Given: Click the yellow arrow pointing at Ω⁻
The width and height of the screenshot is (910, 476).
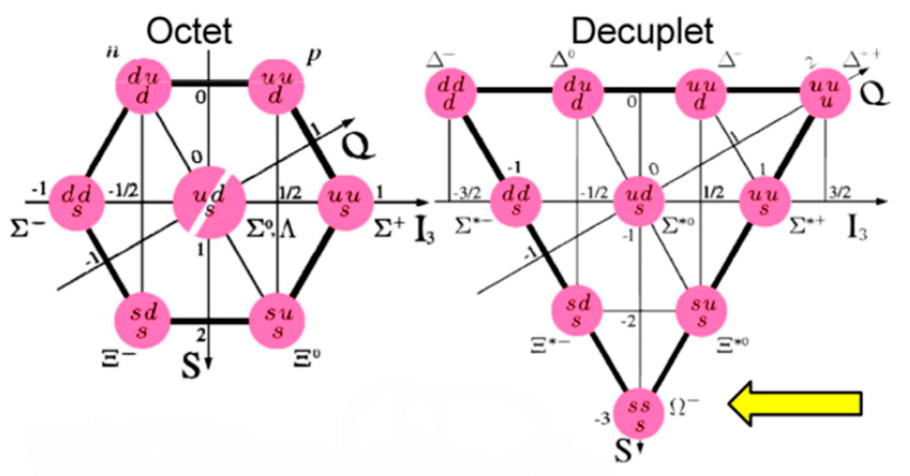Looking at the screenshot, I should tap(795, 404).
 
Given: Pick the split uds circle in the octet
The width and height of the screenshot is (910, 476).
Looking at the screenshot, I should tap(210, 202).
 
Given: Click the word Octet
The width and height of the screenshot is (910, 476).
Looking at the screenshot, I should tap(190, 31).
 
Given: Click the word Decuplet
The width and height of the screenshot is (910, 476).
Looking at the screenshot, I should tap(643, 31).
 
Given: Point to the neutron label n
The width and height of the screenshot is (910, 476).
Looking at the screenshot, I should tap(113, 53).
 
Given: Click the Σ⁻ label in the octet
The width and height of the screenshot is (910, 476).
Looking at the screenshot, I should tap(27, 229).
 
